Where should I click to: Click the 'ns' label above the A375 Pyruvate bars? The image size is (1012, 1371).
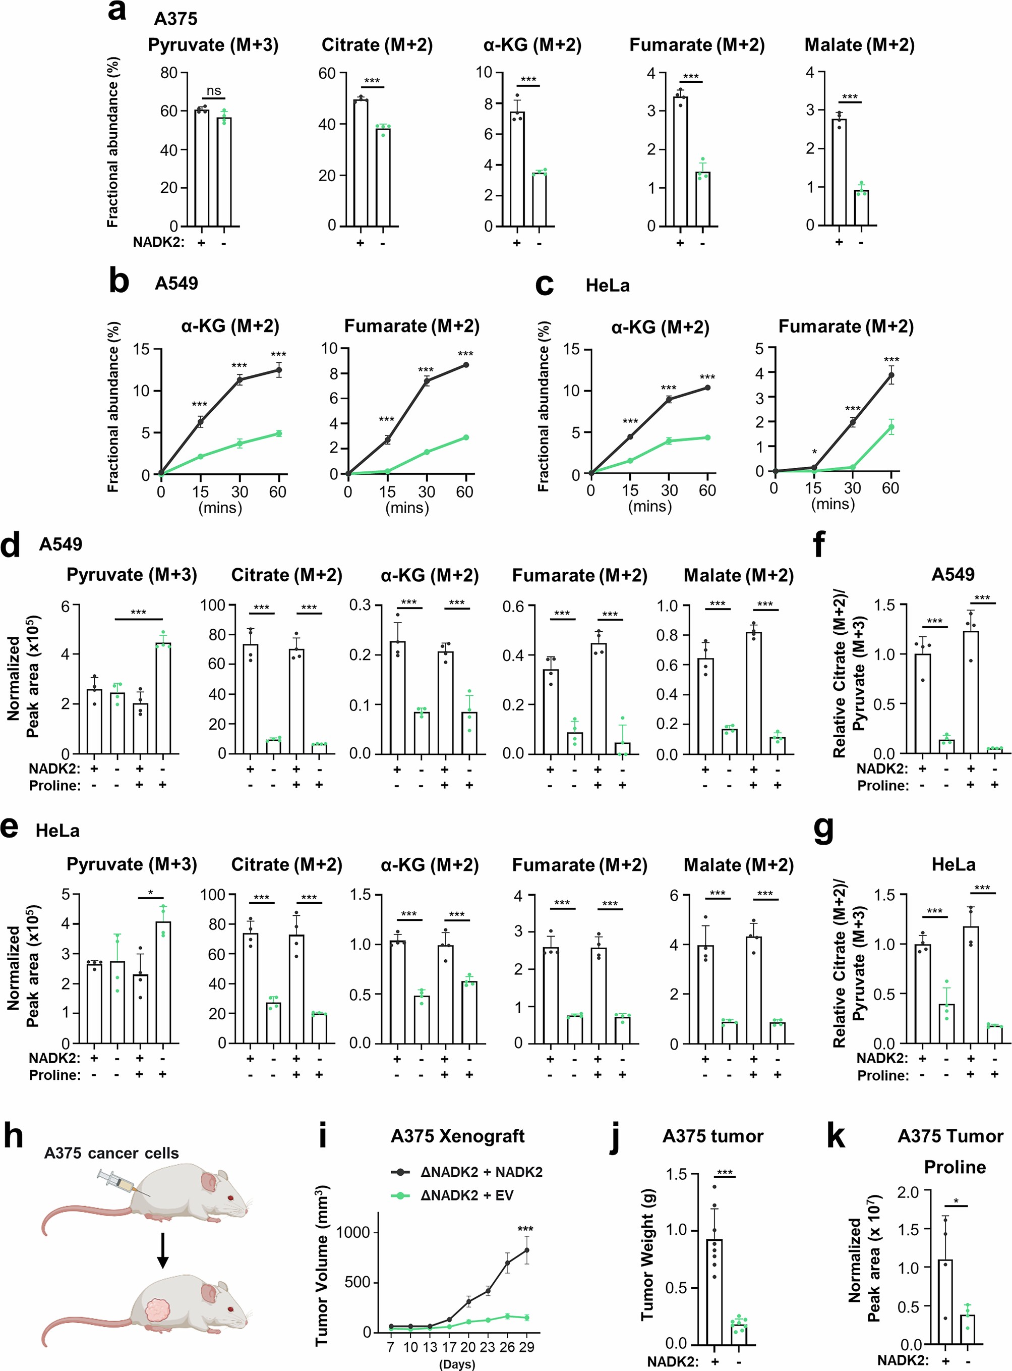(x=213, y=91)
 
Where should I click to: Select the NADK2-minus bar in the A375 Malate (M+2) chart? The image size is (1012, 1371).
(x=861, y=208)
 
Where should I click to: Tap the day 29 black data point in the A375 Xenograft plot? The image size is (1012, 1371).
(x=526, y=1250)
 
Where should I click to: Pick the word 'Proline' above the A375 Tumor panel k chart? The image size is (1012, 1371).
(x=955, y=1167)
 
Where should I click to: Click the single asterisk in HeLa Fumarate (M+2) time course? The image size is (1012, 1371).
(x=814, y=452)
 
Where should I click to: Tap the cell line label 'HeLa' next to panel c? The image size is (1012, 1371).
(x=607, y=286)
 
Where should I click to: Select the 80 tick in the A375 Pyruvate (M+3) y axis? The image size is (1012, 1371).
(x=168, y=73)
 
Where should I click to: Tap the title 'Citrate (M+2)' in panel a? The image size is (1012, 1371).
(x=377, y=45)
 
